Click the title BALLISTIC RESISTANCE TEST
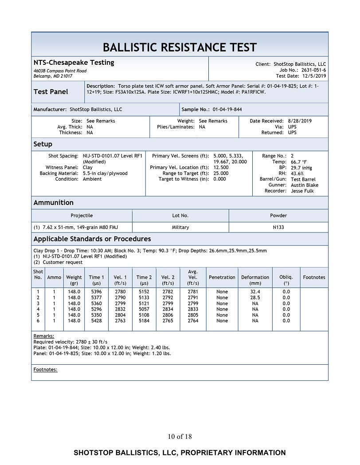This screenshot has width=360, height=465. click(x=180, y=47)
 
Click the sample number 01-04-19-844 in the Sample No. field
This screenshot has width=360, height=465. click(x=227, y=109)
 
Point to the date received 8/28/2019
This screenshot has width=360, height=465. click(x=300, y=121)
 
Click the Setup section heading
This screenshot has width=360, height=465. click(x=43, y=144)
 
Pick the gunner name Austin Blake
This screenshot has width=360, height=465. click(x=305, y=185)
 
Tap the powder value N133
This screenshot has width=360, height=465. click(x=278, y=227)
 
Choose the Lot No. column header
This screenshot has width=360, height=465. click(x=180, y=216)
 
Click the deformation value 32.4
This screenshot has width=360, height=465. click(x=255, y=292)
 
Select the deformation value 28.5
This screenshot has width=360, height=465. click(x=255, y=297)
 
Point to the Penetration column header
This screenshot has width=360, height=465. click(x=222, y=277)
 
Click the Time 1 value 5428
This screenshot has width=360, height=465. click(x=96, y=320)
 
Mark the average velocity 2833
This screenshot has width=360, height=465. click(x=193, y=309)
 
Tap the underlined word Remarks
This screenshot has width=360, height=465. click(x=44, y=336)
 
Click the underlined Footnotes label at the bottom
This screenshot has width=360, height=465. click(x=46, y=369)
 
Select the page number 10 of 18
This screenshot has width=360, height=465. click(x=180, y=437)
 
